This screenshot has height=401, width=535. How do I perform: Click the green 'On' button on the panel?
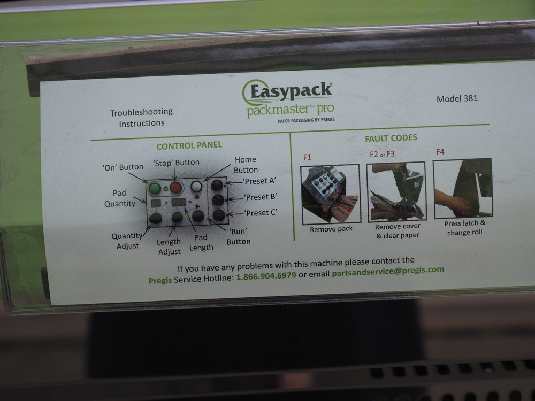155,189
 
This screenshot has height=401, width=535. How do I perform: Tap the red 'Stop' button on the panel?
176,188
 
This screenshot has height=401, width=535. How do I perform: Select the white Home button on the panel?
197,187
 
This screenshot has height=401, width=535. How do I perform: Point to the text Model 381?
457,98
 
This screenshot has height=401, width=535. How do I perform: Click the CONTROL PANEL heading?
189,145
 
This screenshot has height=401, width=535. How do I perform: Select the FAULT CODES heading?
391,138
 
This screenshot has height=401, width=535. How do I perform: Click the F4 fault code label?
440,152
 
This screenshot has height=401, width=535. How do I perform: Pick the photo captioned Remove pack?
331,194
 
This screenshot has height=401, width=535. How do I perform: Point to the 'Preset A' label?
260,180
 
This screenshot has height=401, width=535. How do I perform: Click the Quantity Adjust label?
126,241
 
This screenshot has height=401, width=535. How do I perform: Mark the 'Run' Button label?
238,237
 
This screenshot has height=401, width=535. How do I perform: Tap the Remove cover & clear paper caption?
397,231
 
